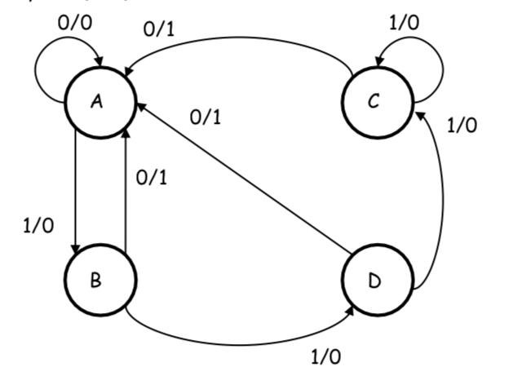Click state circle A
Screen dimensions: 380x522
(97, 102)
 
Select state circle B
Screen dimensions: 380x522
(97, 281)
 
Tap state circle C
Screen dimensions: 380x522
(374, 102)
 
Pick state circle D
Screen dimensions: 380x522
(374, 281)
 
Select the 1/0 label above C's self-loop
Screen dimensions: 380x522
(404, 22)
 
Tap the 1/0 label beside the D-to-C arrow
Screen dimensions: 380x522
(462, 125)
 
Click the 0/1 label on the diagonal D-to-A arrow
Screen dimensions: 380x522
(206, 117)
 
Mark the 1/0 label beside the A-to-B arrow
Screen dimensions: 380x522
(38, 226)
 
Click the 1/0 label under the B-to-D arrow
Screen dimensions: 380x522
(327, 356)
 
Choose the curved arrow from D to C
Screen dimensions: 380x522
(442, 204)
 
